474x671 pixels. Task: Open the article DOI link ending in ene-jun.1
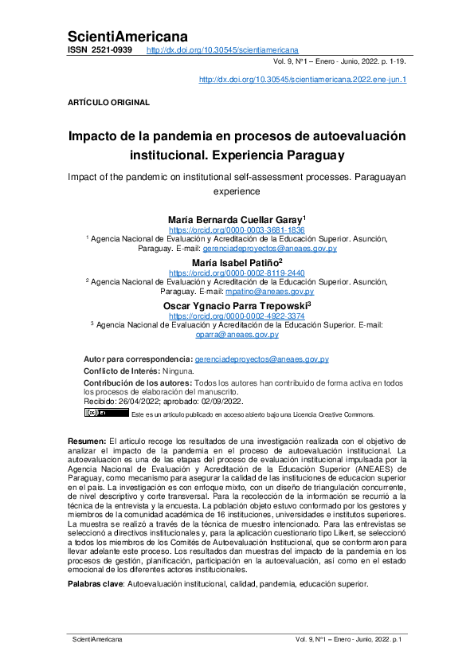[x=302, y=80]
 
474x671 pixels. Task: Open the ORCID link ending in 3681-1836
[x=237, y=230]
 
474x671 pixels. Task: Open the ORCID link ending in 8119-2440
[x=237, y=272]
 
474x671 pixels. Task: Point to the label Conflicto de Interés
[x=121, y=371]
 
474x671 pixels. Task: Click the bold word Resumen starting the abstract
[x=85, y=440]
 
